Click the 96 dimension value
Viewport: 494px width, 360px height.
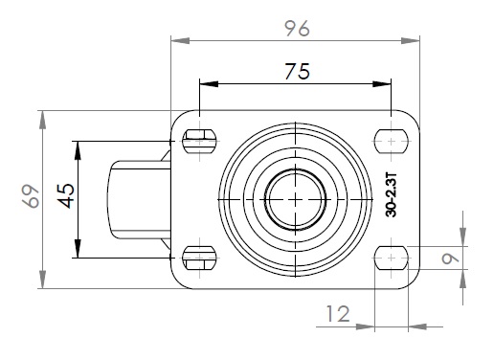(x=297, y=28)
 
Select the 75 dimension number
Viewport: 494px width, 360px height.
(x=297, y=71)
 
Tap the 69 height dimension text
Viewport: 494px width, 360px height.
(x=32, y=196)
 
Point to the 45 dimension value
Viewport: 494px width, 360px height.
(x=66, y=195)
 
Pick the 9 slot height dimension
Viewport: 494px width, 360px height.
(x=451, y=259)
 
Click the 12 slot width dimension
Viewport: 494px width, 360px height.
(x=338, y=314)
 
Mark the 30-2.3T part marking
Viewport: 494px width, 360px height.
(x=391, y=195)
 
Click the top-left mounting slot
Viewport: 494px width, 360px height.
(x=199, y=141)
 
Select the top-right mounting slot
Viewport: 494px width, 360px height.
(x=392, y=141)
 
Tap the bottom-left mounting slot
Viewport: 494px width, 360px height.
(x=199, y=258)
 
